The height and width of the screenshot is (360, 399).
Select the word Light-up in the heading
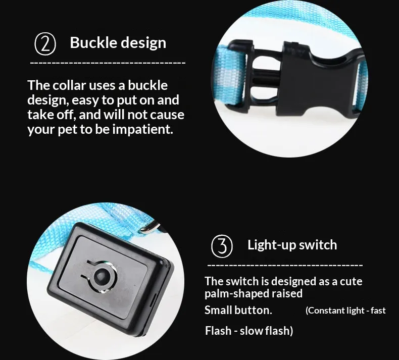click(268, 245)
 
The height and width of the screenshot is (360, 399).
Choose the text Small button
click(238, 310)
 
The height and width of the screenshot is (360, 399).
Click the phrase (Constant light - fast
click(345, 311)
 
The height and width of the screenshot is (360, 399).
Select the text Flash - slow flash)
click(248, 331)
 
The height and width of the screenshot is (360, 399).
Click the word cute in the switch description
click(351, 281)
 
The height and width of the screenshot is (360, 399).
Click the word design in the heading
click(144, 42)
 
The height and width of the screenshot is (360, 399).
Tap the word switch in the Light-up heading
click(317, 245)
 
